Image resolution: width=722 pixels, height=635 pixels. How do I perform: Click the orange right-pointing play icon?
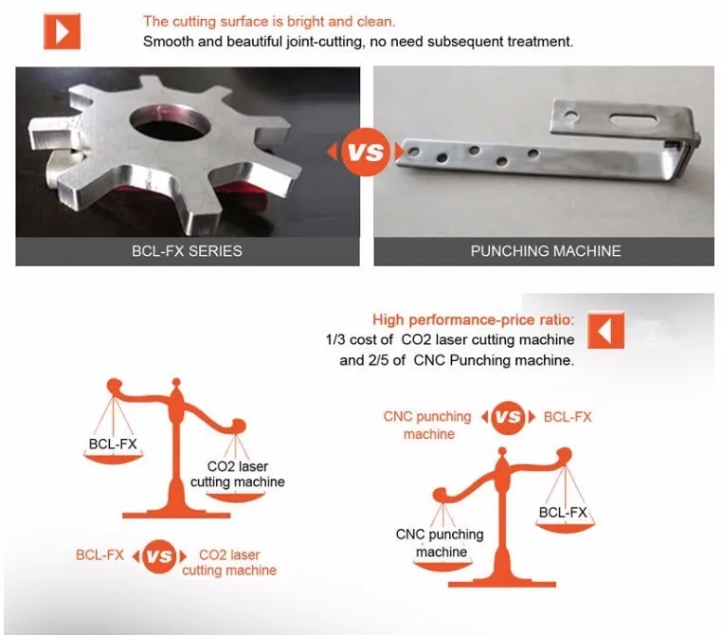click(x=62, y=31)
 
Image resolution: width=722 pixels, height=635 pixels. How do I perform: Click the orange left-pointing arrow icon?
click(x=605, y=331)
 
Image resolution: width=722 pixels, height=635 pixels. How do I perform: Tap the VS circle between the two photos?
click(x=366, y=152)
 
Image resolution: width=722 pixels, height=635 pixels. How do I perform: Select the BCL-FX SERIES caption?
click(x=187, y=251)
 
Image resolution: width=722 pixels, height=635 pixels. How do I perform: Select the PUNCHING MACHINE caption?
click(x=546, y=251)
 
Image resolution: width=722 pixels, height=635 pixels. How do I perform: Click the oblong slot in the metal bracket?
click(x=633, y=119)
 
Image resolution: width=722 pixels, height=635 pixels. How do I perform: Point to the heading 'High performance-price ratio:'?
click(x=474, y=319)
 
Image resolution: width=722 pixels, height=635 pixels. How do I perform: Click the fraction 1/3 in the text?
click(x=334, y=340)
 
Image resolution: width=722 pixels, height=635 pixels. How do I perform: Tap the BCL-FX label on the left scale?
click(x=113, y=444)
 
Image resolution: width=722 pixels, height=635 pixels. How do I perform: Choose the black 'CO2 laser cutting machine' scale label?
click(x=238, y=474)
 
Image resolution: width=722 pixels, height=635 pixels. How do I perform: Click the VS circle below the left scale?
click(x=159, y=556)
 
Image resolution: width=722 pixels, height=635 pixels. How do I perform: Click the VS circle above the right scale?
click(x=509, y=417)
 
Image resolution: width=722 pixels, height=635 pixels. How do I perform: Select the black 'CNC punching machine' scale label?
click(x=440, y=543)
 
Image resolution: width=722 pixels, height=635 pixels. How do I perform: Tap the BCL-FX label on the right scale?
click(x=563, y=513)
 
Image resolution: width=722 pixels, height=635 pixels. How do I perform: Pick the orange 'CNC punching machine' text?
click(x=427, y=426)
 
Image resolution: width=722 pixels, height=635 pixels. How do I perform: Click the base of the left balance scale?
click(x=176, y=514)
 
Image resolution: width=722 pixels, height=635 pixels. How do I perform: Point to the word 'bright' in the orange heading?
click(x=306, y=22)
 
